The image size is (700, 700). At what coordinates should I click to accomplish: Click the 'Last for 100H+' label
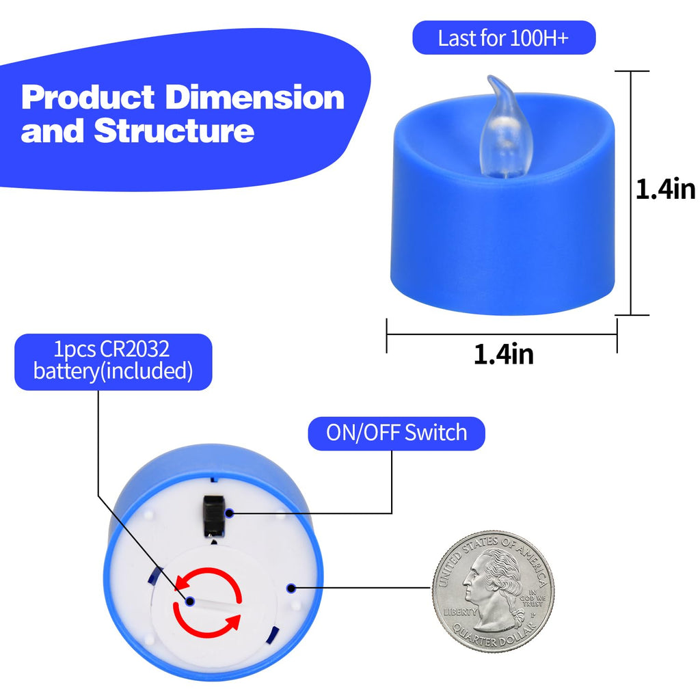click(x=504, y=38)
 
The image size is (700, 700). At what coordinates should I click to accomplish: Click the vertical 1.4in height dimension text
click(x=665, y=189)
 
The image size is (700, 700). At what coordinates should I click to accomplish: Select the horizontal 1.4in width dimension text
click(x=504, y=355)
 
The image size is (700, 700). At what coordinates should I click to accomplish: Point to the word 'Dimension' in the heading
click(x=255, y=97)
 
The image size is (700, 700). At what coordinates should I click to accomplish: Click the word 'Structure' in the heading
click(x=174, y=131)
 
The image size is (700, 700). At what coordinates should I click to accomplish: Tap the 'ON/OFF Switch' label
click(x=396, y=433)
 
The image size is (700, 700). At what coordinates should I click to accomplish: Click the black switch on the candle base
click(x=213, y=515)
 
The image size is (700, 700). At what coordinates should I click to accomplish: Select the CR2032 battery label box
click(x=113, y=362)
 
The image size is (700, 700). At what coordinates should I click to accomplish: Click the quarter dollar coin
click(x=494, y=591)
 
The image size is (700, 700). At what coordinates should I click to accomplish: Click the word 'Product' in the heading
click(x=88, y=97)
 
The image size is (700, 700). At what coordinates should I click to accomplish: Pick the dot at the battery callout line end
click(x=190, y=601)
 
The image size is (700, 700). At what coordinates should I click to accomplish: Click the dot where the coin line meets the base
click(x=291, y=587)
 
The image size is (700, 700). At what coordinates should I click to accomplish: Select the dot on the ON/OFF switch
click(x=230, y=513)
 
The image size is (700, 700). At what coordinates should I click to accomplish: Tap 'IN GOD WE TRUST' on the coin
click(x=533, y=597)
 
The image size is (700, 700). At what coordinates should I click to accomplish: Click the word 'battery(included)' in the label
click(x=113, y=371)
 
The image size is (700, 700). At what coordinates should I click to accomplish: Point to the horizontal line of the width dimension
click(x=502, y=334)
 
